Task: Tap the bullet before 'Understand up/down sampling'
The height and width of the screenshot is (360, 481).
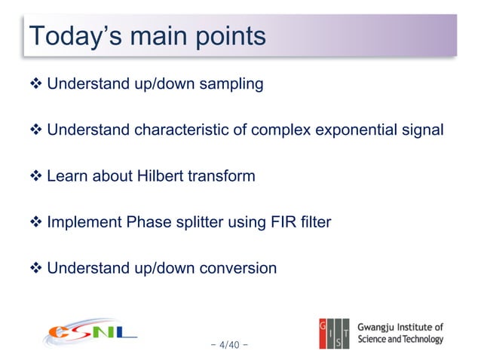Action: point(35,84)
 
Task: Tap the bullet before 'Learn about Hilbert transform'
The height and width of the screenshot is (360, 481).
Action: point(35,176)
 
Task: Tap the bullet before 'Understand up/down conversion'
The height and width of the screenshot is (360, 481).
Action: point(35,268)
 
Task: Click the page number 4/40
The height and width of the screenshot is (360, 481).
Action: point(230,346)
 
